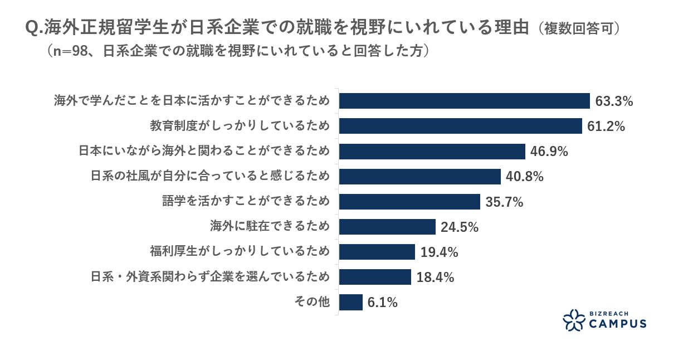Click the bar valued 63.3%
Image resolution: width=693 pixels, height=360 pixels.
coord(464,101)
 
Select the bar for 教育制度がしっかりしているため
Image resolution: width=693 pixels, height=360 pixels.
coord(460,126)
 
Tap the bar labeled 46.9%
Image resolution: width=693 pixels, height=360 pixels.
coord(432,152)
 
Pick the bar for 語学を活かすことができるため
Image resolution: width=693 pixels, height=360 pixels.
coord(409,202)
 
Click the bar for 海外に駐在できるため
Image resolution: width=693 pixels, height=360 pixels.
coord(387,227)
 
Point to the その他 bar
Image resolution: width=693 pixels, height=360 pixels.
coord(350,303)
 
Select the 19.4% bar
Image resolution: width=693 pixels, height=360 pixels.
coord(377,252)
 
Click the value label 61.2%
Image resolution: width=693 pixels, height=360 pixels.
coord(606,127)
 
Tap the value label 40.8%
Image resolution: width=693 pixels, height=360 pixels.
coord(524,177)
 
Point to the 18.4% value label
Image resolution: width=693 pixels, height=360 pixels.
coord(435,278)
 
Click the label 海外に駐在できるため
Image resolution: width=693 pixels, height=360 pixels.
coord(270,227)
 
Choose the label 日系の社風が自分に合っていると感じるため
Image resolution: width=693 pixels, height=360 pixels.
coord(210,177)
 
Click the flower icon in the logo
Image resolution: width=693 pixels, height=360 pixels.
coord(573,320)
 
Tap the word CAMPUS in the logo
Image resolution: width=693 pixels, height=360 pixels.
coord(617,324)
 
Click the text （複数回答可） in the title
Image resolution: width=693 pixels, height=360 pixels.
coord(579,29)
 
